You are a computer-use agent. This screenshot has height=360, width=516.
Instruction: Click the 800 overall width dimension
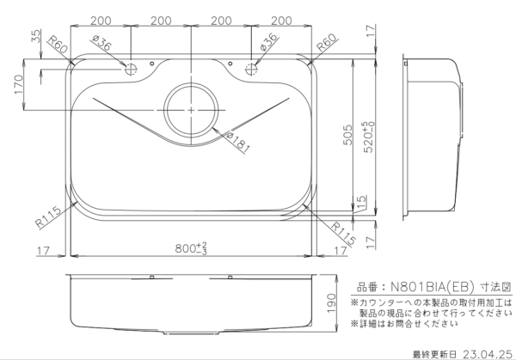(x=191, y=248)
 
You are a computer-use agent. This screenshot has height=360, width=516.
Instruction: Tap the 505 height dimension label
(x=347, y=135)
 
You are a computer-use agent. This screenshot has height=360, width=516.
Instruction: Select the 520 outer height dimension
(x=369, y=137)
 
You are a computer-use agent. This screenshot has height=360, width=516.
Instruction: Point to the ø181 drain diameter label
(x=238, y=143)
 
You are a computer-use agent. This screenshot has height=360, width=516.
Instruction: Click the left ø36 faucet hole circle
(x=131, y=70)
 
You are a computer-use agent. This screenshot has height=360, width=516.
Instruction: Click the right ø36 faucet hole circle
(x=251, y=70)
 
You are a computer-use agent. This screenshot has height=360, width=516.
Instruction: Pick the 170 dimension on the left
(x=19, y=84)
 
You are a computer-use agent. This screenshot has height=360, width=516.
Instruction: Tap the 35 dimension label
(x=36, y=36)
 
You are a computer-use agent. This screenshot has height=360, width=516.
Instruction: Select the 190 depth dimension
(x=331, y=302)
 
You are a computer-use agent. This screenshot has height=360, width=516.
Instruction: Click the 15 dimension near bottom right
(x=361, y=202)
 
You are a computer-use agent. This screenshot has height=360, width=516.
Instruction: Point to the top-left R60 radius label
(x=58, y=45)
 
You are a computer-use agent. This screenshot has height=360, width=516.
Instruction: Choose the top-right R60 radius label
(x=327, y=42)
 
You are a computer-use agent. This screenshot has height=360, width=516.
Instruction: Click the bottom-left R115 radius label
(x=48, y=217)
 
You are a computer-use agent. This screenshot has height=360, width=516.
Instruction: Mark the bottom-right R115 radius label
(x=343, y=234)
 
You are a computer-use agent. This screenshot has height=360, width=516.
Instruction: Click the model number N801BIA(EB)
(x=432, y=287)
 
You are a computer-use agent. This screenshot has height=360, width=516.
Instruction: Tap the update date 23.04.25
(x=488, y=354)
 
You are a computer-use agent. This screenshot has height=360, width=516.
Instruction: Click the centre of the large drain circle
(x=191, y=109)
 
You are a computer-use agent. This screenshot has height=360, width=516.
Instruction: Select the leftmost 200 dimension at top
(x=101, y=21)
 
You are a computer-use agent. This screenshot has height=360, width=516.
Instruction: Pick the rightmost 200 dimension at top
(x=281, y=21)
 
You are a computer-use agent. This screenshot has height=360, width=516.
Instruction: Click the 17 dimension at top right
(x=371, y=31)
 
